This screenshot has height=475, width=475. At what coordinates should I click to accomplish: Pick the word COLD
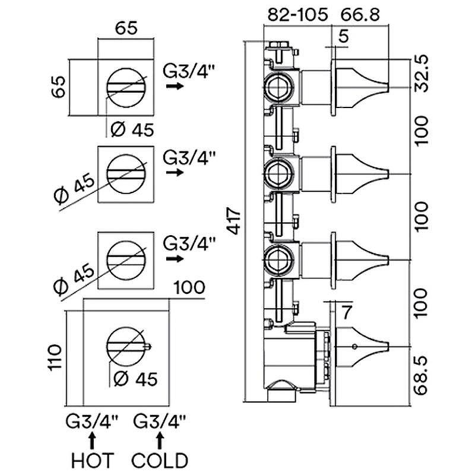tap(160, 460)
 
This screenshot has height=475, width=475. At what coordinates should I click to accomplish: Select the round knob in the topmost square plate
tap(126, 87)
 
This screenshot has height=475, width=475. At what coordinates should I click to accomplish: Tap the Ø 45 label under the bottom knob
tap(132, 378)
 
